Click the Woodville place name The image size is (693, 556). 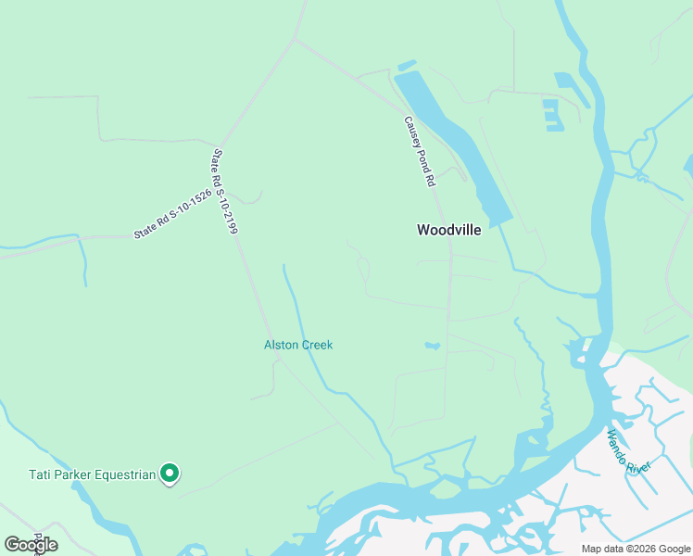click(x=449, y=230)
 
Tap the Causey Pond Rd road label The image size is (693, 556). click(x=419, y=153)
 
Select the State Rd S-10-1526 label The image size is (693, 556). click(x=172, y=215)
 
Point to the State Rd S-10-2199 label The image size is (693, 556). click(x=225, y=192)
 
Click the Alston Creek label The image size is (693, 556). click(x=298, y=345)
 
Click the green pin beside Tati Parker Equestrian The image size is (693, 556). click(x=169, y=474)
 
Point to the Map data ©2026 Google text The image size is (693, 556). click(x=635, y=549)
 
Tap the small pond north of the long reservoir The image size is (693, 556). click(x=406, y=66)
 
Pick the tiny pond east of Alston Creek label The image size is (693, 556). click(x=432, y=347)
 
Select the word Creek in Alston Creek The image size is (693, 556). click(x=316, y=345)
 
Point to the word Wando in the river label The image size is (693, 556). click(x=618, y=442)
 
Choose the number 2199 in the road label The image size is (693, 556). click(x=231, y=219)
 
